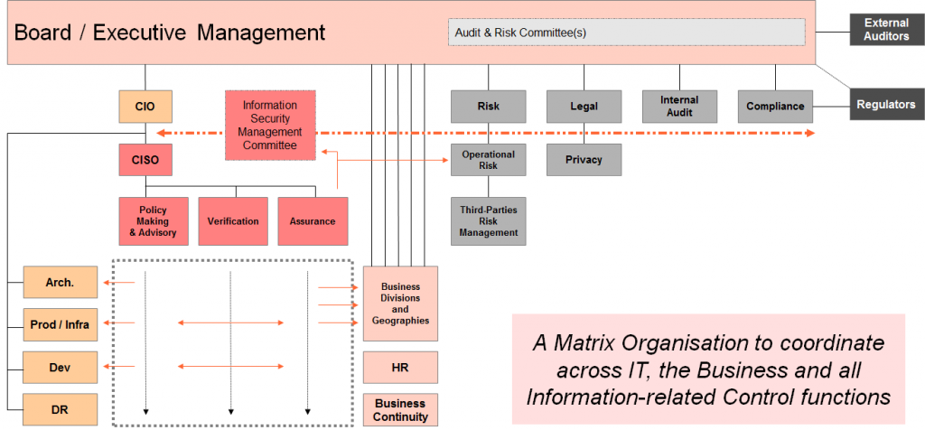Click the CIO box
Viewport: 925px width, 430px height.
coord(145,107)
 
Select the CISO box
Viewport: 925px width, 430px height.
coord(145,160)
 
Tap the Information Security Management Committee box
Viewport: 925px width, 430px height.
coord(269,125)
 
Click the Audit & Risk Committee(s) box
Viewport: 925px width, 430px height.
coord(626,33)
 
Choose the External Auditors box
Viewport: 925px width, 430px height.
coord(886,30)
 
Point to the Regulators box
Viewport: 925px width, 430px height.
coord(886,105)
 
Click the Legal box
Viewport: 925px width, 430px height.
coord(584,107)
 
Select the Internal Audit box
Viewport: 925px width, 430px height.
coord(679,107)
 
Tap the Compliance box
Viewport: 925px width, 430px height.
coord(775,107)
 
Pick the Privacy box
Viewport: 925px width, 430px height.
coord(584,160)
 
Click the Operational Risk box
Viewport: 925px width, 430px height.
coord(488,160)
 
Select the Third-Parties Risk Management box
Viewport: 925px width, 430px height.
coord(488,221)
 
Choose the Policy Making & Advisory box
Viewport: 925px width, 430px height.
coord(154,221)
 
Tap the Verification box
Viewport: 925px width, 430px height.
coord(233,221)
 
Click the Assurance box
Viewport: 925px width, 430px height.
coord(313,221)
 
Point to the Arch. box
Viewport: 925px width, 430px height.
coord(61,283)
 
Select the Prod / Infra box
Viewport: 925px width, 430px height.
coord(61,324)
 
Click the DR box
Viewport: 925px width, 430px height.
coord(61,409)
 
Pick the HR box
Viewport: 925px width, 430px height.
coord(400,368)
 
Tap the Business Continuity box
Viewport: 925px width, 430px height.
coord(400,410)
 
